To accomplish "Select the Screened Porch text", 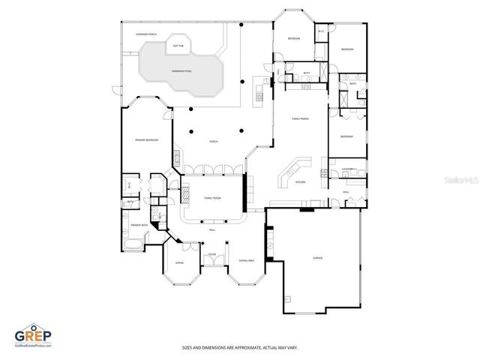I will (145, 34).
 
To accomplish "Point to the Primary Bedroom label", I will (146, 140).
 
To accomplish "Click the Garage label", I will (317, 257).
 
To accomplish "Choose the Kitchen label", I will (299, 182).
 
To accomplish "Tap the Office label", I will (179, 263).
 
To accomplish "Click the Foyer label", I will (212, 254).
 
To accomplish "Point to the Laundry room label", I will (347, 169).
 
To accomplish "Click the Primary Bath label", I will (139, 225).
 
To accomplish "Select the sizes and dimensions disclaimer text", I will (239, 347).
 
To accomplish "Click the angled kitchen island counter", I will (288, 173).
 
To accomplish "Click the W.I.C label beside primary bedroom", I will (130, 184).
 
